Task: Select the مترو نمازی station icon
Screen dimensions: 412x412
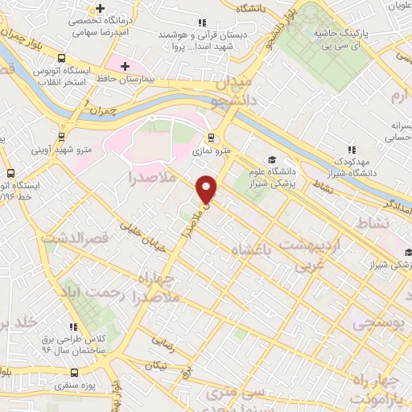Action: click(x=211, y=137)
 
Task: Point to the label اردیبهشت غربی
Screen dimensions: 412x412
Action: click(x=311, y=253)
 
